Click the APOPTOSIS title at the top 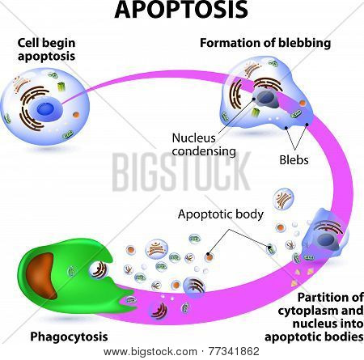point(181,10)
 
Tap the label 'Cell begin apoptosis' point(46,49)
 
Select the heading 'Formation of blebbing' point(265,43)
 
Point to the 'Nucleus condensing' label point(204,145)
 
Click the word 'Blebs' point(294,160)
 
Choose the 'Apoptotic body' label point(221,214)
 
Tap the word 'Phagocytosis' point(69,337)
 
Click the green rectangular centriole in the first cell point(61,87)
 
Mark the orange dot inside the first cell point(76,115)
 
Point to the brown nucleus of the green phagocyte point(42,275)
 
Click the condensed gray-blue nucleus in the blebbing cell point(267,99)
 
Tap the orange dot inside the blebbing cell point(303,103)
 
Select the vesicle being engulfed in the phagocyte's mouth point(99,269)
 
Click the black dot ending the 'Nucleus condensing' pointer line point(254,99)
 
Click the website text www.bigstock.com point(150,352)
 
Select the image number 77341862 point(234,351)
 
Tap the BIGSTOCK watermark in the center point(181,172)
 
